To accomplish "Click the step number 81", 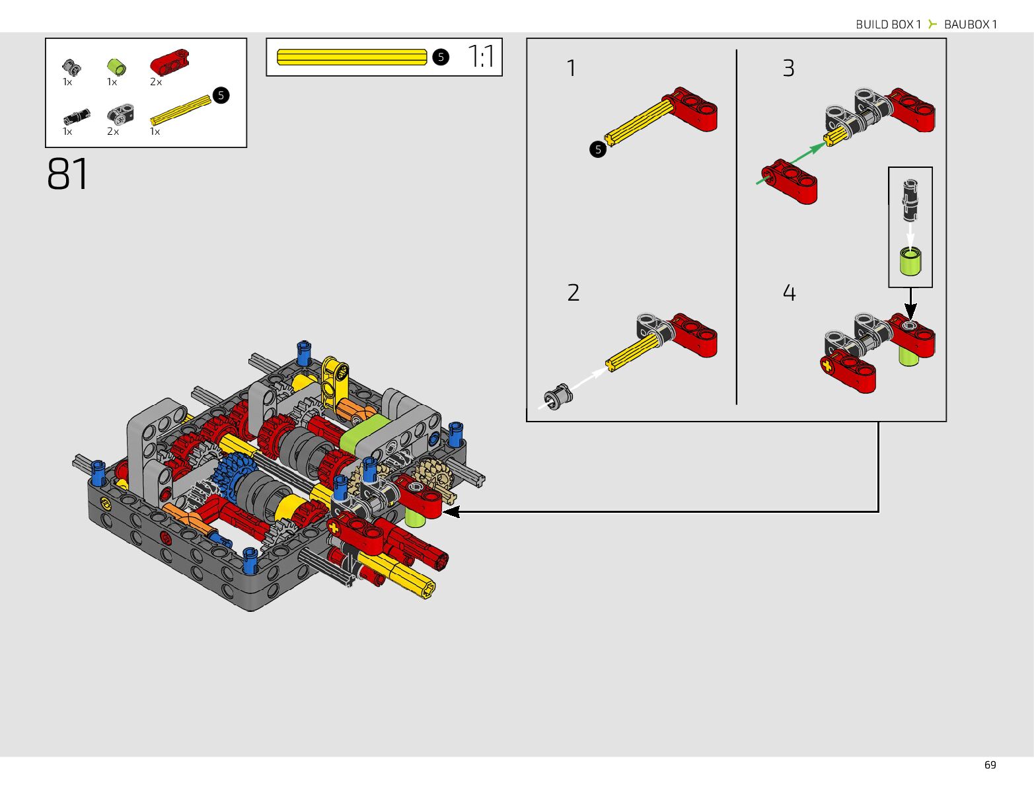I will click(67, 174).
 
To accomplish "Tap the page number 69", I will click(990, 765).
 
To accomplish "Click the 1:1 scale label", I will click(481, 57).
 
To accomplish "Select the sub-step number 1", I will click(572, 68).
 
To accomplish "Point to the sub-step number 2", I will click(573, 293).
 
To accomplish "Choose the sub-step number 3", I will click(788, 68).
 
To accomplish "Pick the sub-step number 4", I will click(789, 293).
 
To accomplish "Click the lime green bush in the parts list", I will click(116, 66).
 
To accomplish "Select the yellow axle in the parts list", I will click(180, 110).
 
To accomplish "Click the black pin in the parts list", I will click(77, 117).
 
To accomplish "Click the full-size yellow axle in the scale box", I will click(352, 57).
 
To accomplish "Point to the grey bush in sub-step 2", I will click(559, 394).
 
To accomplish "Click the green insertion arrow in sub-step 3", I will click(791, 163).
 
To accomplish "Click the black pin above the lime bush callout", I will click(910, 199).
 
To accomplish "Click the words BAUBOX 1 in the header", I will click(970, 24).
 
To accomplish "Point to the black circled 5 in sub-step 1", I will click(598, 149).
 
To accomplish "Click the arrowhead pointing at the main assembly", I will click(451, 511).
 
